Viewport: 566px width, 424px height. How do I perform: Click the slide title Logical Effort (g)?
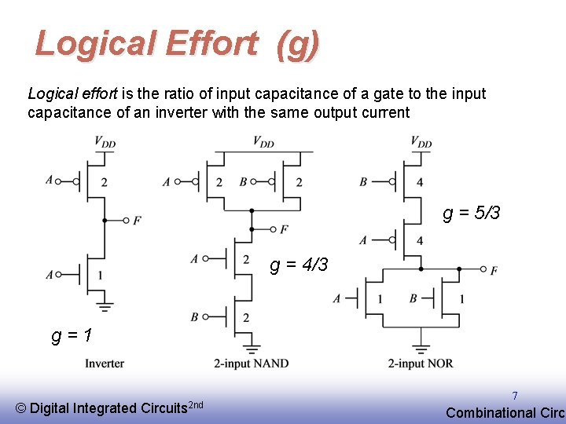[178, 44]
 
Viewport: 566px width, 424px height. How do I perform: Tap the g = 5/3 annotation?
[472, 214]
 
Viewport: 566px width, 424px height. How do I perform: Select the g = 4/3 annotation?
[299, 265]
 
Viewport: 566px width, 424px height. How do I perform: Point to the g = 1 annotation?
[72, 335]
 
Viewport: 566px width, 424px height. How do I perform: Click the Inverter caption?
[105, 364]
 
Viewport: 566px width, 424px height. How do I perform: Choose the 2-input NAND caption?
[251, 364]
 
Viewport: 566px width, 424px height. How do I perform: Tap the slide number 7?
[515, 397]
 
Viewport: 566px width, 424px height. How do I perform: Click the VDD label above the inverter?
[105, 142]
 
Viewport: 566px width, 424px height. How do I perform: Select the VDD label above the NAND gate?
[263, 142]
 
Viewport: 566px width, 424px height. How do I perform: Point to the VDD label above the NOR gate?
[421, 142]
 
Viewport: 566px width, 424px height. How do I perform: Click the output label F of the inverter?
[137, 221]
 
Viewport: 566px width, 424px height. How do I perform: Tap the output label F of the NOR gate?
[493, 271]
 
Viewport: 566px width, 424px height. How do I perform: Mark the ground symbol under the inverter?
[105, 307]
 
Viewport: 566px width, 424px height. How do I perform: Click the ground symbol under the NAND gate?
[251, 347]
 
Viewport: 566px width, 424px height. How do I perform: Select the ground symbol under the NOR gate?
[421, 347]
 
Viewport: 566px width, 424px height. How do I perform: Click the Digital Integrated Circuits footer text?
[109, 408]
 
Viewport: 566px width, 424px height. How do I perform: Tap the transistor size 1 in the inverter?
[100, 275]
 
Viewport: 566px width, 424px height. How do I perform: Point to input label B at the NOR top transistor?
[363, 181]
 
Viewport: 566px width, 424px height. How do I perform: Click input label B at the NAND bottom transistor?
[194, 317]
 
